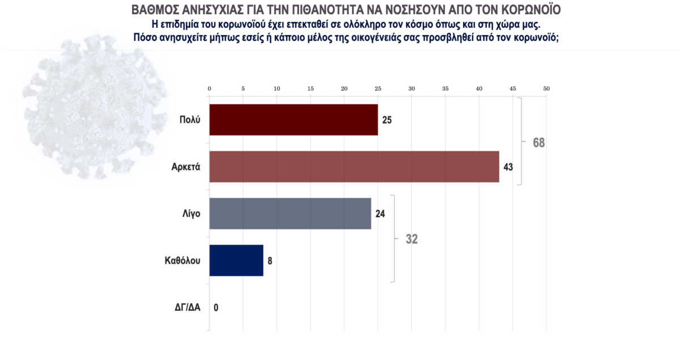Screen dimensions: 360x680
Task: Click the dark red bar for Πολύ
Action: (x=294, y=120)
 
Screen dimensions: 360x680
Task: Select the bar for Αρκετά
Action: (x=354, y=167)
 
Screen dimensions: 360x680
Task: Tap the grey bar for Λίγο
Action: (x=290, y=213)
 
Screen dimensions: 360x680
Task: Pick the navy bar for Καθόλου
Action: (x=236, y=260)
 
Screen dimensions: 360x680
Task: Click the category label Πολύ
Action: (x=189, y=120)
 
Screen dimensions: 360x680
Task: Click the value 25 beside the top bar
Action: (x=387, y=120)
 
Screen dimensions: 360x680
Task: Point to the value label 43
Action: (x=508, y=167)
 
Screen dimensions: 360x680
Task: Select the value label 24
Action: (x=380, y=214)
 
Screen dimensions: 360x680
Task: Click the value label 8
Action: (x=270, y=261)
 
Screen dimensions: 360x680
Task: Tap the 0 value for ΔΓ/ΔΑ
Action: (x=216, y=307)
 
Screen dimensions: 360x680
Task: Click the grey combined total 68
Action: (x=538, y=142)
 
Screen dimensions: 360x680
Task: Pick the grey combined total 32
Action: (x=411, y=239)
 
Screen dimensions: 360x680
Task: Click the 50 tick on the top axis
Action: (x=546, y=89)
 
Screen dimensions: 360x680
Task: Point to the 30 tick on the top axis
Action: (x=411, y=89)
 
